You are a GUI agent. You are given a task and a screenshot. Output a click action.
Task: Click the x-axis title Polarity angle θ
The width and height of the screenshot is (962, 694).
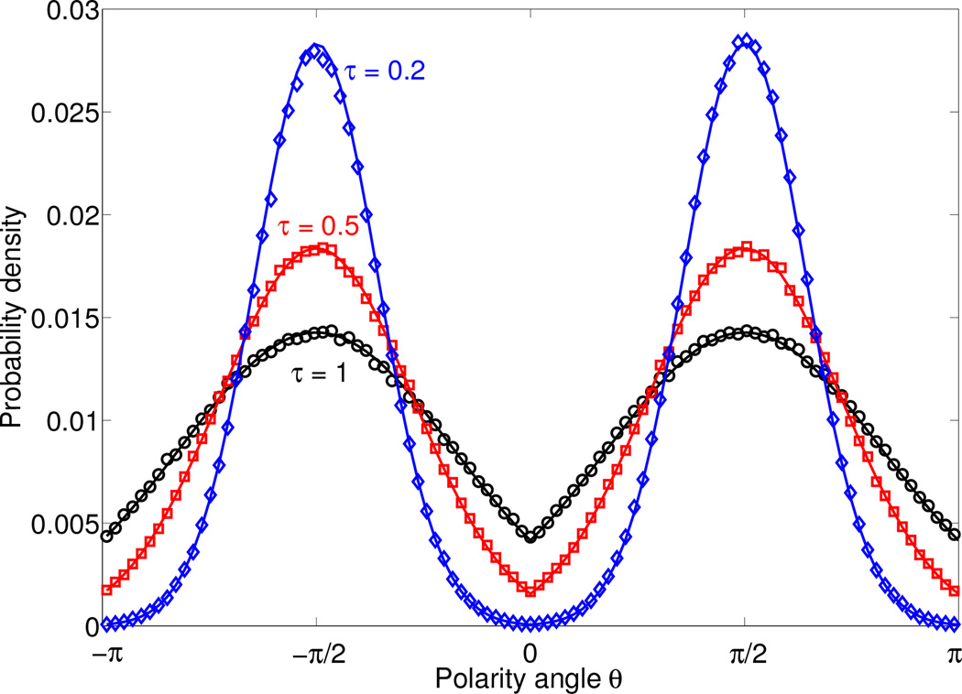point(529,678)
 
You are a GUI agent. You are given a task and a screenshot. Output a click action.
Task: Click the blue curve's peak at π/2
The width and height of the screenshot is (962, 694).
point(745,41)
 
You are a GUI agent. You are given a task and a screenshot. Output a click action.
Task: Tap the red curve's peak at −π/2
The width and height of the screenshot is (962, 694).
point(317,248)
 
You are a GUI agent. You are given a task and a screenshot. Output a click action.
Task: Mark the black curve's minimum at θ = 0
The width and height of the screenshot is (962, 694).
point(530,537)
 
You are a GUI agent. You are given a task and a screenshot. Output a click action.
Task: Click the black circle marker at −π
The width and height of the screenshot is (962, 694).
point(106,537)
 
